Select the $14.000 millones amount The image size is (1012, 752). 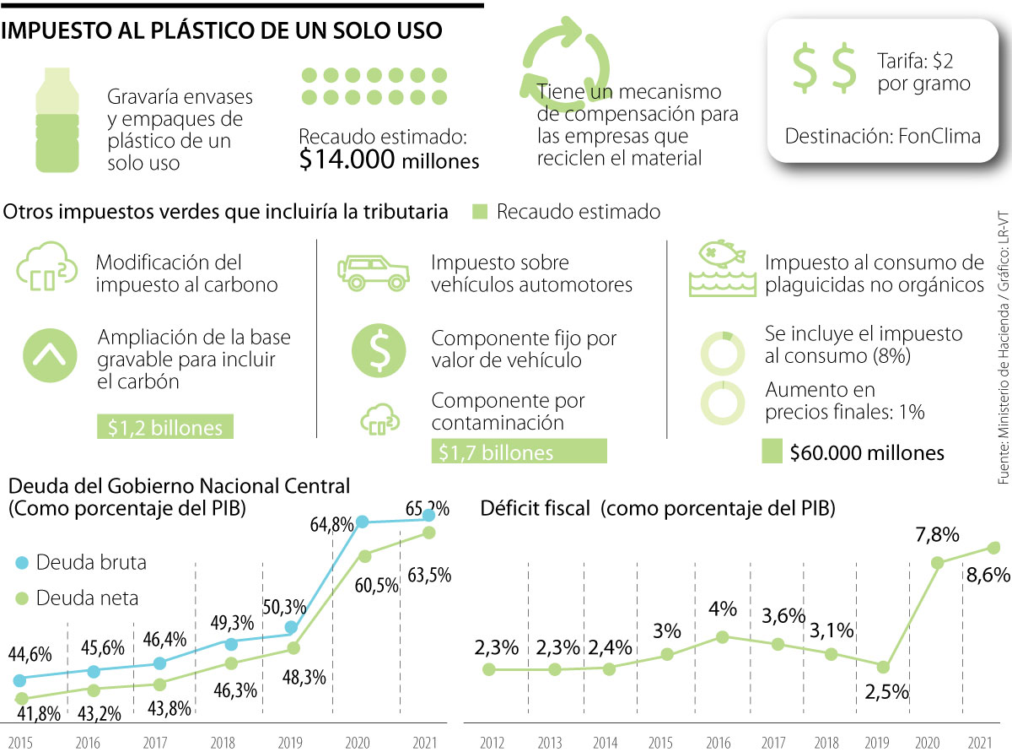(x=389, y=160)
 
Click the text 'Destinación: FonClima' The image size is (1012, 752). (x=883, y=136)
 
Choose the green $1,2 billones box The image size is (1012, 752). (x=164, y=427)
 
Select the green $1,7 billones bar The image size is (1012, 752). (x=519, y=452)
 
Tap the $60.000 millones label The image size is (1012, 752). (x=867, y=452)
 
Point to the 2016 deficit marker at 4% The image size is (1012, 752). (x=723, y=637)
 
